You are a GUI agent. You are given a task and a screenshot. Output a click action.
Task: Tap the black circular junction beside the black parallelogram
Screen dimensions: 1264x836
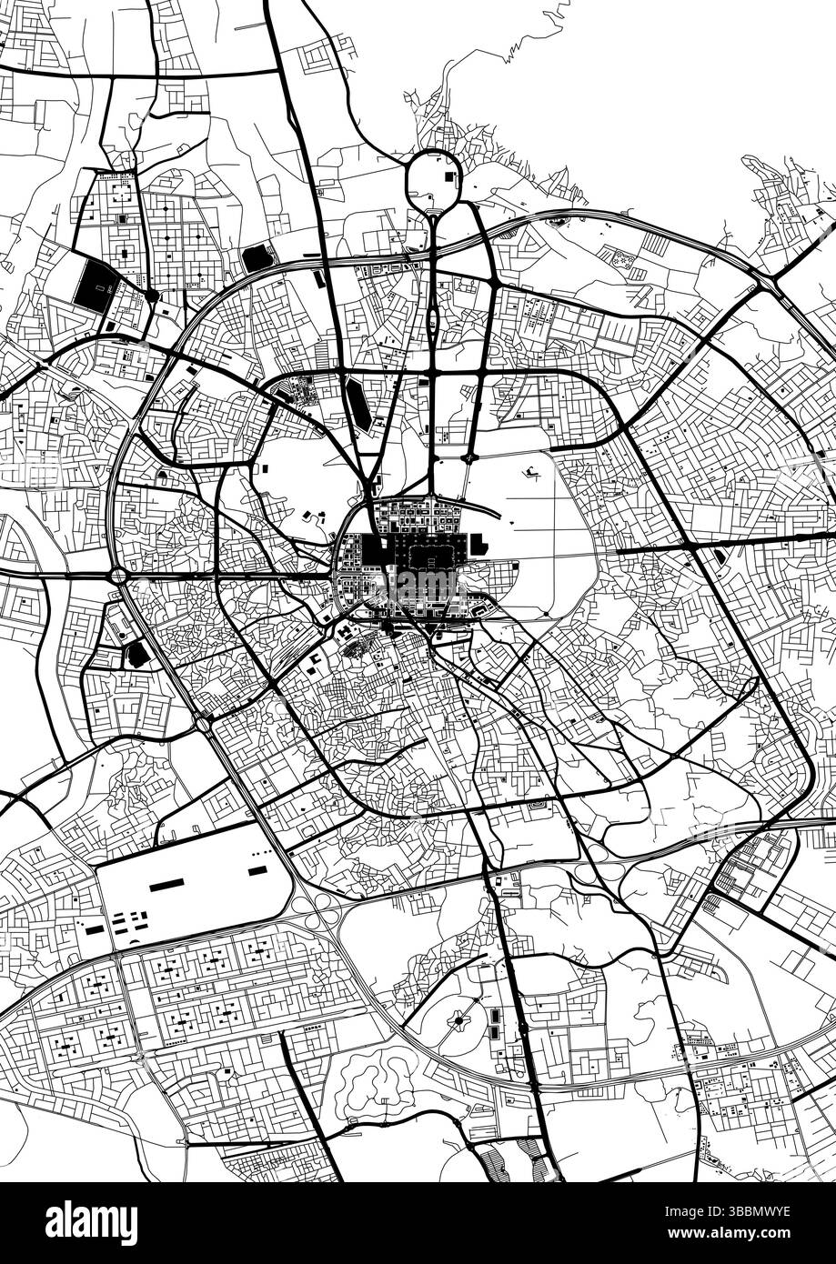tap(152, 295)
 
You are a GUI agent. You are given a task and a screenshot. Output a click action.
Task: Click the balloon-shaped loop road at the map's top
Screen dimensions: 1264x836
tap(434, 179)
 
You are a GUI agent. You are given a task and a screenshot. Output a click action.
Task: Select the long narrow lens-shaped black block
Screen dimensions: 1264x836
tap(357, 405)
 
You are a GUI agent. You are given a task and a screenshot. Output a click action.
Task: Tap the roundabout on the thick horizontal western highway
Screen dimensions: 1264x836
tap(118, 576)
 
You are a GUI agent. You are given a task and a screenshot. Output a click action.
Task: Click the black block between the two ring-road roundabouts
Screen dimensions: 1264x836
tap(137, 653)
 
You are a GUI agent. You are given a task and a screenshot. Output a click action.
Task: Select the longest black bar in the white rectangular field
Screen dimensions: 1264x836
tap(167, 885)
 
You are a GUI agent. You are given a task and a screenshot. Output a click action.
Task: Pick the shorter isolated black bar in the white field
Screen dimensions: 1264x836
tap(257, 870)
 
